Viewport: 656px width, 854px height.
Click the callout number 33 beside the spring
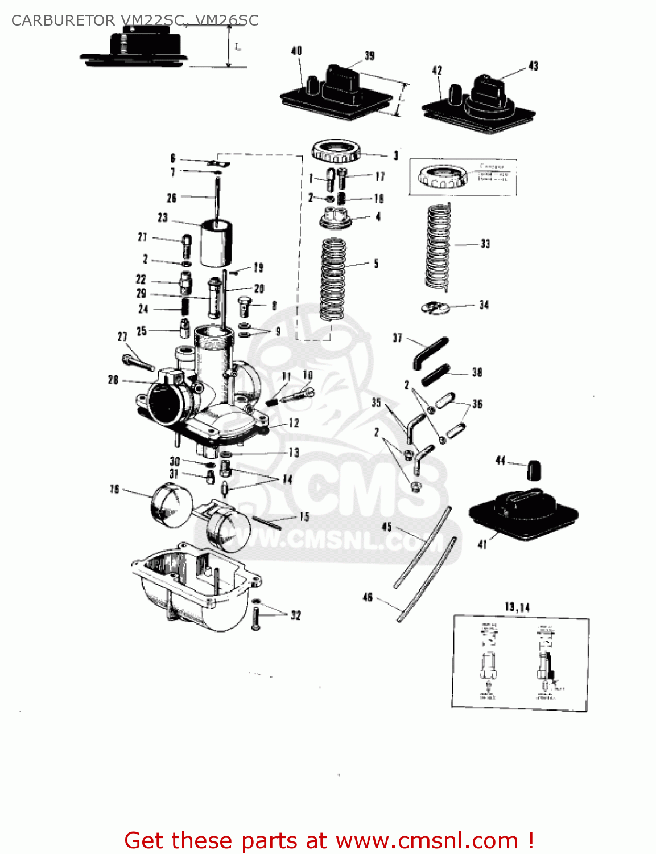485,244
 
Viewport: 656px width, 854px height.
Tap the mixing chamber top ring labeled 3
336,151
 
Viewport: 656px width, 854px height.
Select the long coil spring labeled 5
333,279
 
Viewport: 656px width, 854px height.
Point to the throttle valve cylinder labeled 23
217,242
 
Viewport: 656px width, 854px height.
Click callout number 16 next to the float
114,489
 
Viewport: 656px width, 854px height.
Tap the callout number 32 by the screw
295,615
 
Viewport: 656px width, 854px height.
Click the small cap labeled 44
533,470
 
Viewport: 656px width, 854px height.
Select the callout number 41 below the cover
482,545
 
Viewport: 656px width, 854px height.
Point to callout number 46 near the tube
368,597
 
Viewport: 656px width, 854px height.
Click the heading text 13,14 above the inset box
517,607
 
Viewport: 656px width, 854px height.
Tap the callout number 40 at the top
296,51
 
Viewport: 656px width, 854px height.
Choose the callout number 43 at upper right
533,66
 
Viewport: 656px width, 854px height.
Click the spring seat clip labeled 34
435,307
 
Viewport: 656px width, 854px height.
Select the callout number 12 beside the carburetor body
294,423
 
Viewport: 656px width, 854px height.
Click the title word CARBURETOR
63,20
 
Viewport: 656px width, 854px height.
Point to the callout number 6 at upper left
173,158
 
